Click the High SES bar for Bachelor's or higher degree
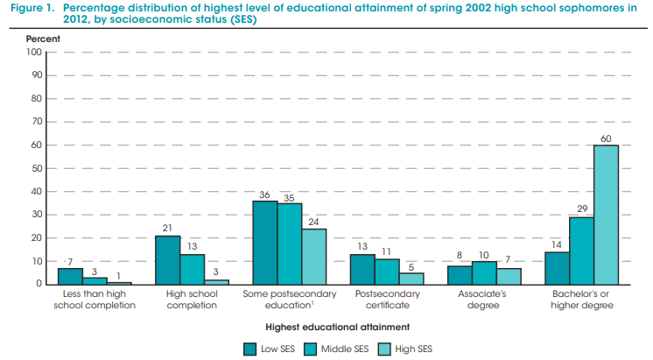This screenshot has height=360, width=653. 606,215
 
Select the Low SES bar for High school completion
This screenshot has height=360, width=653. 167,260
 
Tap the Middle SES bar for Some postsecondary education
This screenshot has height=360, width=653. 290,244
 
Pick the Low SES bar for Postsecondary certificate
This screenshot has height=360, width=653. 362,269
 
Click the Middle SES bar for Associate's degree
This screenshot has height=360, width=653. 485,272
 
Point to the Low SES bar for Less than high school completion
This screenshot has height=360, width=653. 70,276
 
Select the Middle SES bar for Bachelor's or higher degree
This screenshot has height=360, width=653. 582,251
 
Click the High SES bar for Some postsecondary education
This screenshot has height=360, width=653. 313,257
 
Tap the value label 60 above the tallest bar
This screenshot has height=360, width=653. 606,138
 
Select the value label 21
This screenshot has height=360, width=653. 167,229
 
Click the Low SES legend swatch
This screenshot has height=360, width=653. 249,349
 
